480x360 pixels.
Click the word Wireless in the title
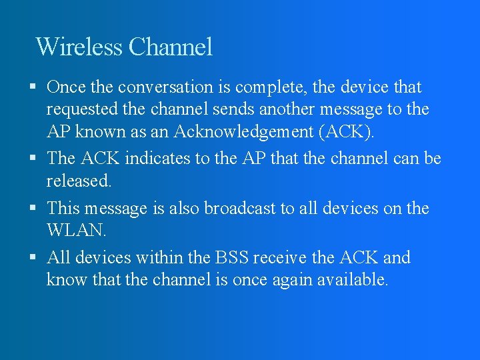pyautogui.click(x=79, y=47)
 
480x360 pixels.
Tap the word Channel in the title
pyautogui.click(x=171, y=47)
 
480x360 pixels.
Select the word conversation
pyautogui.click(x=154, y=87)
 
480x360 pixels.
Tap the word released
pyautogui.click(x=79, y=181)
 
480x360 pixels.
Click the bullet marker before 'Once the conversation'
pyautogui.click(x=33, y=87)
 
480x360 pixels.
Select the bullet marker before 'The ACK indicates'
pyautogui.click(x=33, y=159)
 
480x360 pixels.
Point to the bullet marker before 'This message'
pyautogui.click(x=33, y=209)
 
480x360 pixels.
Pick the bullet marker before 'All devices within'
pyautogui.click(x=33, y=257)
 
